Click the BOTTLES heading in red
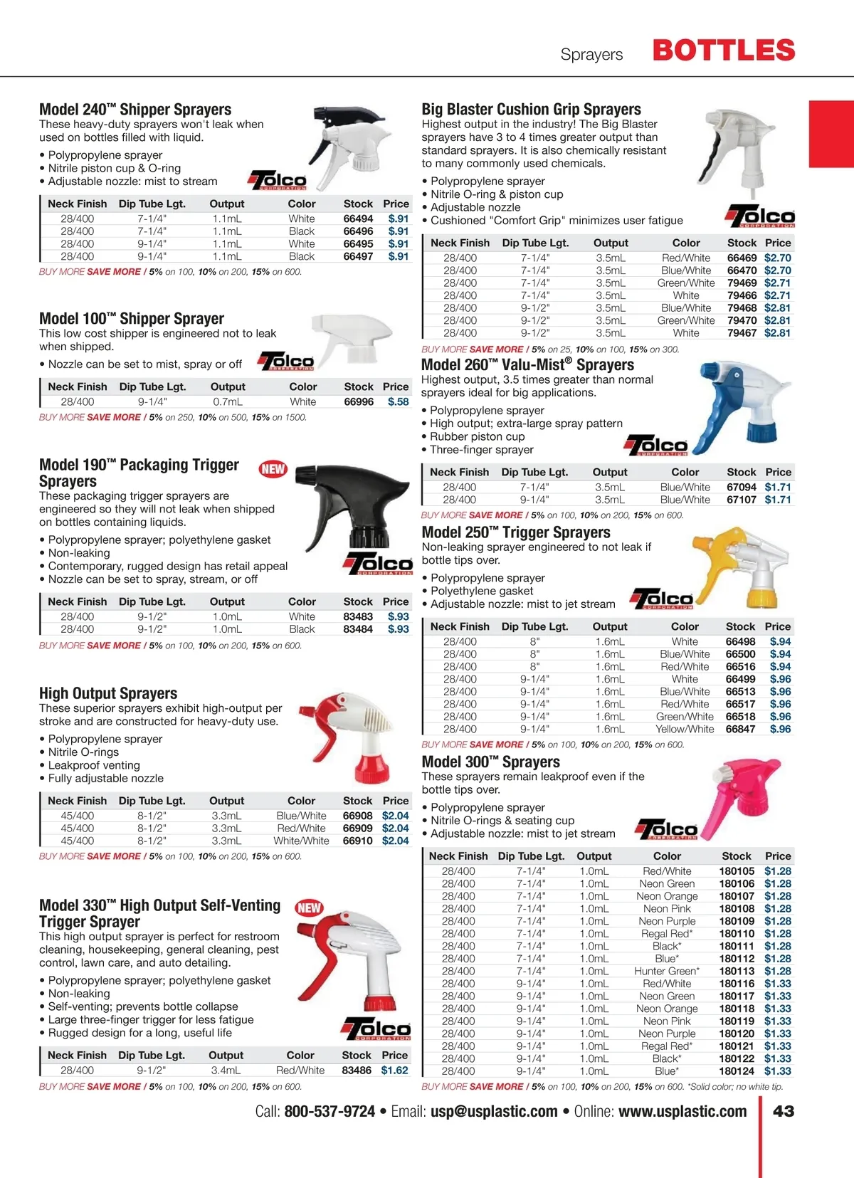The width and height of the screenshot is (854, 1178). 723,51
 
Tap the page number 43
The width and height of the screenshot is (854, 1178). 784,1111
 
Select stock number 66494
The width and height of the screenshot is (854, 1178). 358,219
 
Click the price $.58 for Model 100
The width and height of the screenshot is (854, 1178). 398,401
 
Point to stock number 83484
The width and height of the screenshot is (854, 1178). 358,629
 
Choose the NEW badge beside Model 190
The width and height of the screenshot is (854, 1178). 273,469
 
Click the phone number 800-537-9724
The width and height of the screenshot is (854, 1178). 330,1111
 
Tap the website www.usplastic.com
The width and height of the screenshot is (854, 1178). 682,1111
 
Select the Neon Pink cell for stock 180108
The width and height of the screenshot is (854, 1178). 667,908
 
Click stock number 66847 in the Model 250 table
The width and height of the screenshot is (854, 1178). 740,729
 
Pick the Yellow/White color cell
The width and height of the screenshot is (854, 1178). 685,729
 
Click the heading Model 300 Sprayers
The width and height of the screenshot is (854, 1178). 490,762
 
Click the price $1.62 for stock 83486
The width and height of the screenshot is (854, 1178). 394,1070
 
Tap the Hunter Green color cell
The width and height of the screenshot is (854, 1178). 667,971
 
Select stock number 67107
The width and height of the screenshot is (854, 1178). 742,500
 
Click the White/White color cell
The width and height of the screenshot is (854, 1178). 301,841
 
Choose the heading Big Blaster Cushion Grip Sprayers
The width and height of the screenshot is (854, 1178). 531,110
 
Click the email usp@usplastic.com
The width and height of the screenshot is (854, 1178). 494,1111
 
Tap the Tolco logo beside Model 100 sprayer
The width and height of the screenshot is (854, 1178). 286,362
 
